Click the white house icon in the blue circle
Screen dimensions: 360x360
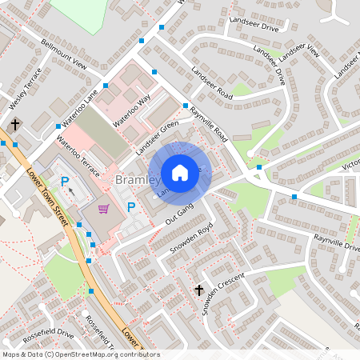click(180, 172)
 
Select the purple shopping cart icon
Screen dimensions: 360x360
click(103, 209)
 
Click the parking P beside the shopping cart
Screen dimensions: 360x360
click(131, 207)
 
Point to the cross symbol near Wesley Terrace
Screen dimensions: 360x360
click(14, 125)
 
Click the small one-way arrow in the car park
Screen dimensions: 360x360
click(73, 192)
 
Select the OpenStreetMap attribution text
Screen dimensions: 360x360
click(81, 354)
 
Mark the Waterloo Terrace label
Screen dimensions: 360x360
click(78, 160)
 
